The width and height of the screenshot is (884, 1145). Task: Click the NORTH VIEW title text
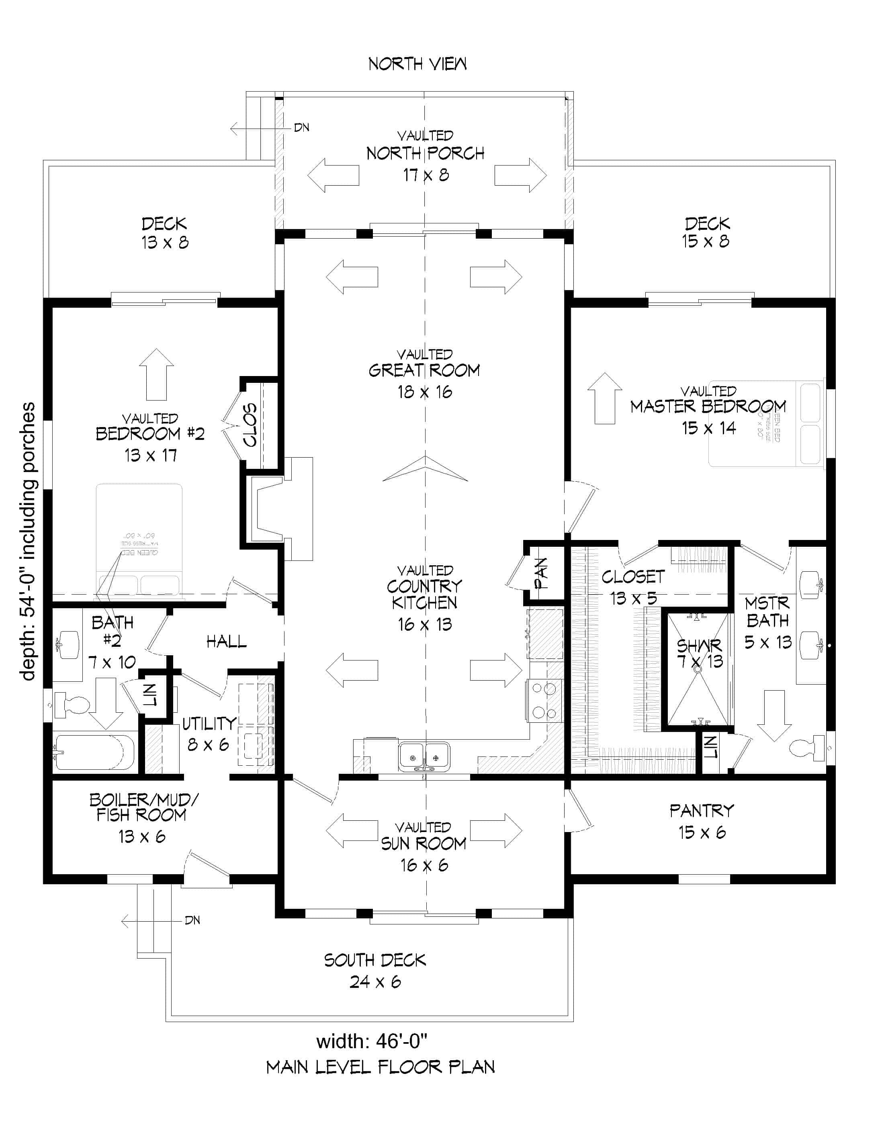417,64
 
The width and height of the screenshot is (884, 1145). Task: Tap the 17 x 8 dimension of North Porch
426,175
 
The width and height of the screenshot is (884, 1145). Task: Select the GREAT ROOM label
424,371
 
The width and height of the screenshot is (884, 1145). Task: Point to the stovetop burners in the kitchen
544,701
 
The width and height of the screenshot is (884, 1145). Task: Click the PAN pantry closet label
541,573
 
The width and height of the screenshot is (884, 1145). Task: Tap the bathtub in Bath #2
94,752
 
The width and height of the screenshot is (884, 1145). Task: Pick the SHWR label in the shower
698,645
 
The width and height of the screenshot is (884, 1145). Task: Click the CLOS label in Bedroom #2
250,425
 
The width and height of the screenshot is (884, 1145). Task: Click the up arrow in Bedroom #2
156,374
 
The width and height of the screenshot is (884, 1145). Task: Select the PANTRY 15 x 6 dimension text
702,832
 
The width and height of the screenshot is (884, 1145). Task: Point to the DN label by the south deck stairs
192,920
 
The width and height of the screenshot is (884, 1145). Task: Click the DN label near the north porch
301,127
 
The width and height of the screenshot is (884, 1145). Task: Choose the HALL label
226,641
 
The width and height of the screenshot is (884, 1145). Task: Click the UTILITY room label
209,724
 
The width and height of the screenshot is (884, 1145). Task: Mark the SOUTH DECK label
374,960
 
